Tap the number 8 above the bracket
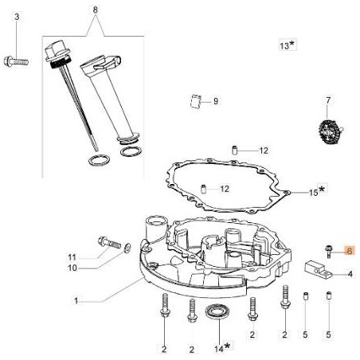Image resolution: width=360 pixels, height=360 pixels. coord(96,10)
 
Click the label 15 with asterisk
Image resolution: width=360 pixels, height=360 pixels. coord(294,192)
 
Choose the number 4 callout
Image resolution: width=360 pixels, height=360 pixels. coord(349,275)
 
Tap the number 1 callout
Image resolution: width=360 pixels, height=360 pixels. coord(76,301)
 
